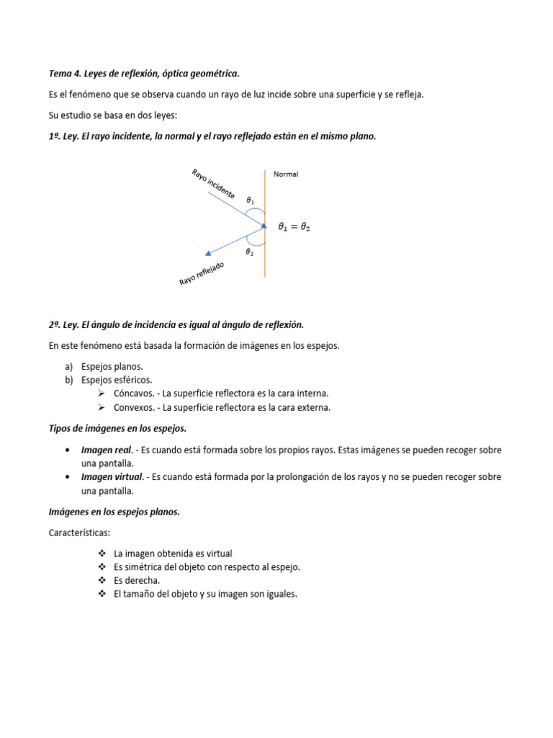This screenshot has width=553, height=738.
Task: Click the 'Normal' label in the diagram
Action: [285, 174]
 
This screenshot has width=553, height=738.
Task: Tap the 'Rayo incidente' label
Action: [213, 183]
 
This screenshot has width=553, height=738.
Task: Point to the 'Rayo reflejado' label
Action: [202, 274]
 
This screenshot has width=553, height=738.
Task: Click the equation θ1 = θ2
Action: [295, 226]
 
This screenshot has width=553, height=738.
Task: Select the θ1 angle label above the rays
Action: [250, 200]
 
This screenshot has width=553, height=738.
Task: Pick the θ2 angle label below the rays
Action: [249, 252]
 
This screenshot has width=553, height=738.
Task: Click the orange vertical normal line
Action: [265, 245]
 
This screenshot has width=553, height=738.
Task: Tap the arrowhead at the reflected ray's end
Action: [208, 253]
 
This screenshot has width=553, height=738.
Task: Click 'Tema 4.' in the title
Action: [65, 74]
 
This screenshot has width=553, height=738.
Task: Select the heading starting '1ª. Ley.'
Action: [212, 135]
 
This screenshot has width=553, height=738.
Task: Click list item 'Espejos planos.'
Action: [112, 366]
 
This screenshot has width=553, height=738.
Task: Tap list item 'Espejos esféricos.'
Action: [117, 380]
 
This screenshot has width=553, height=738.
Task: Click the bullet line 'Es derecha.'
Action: [137, 580]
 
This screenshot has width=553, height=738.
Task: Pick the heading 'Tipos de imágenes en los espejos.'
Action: [117, 428]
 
